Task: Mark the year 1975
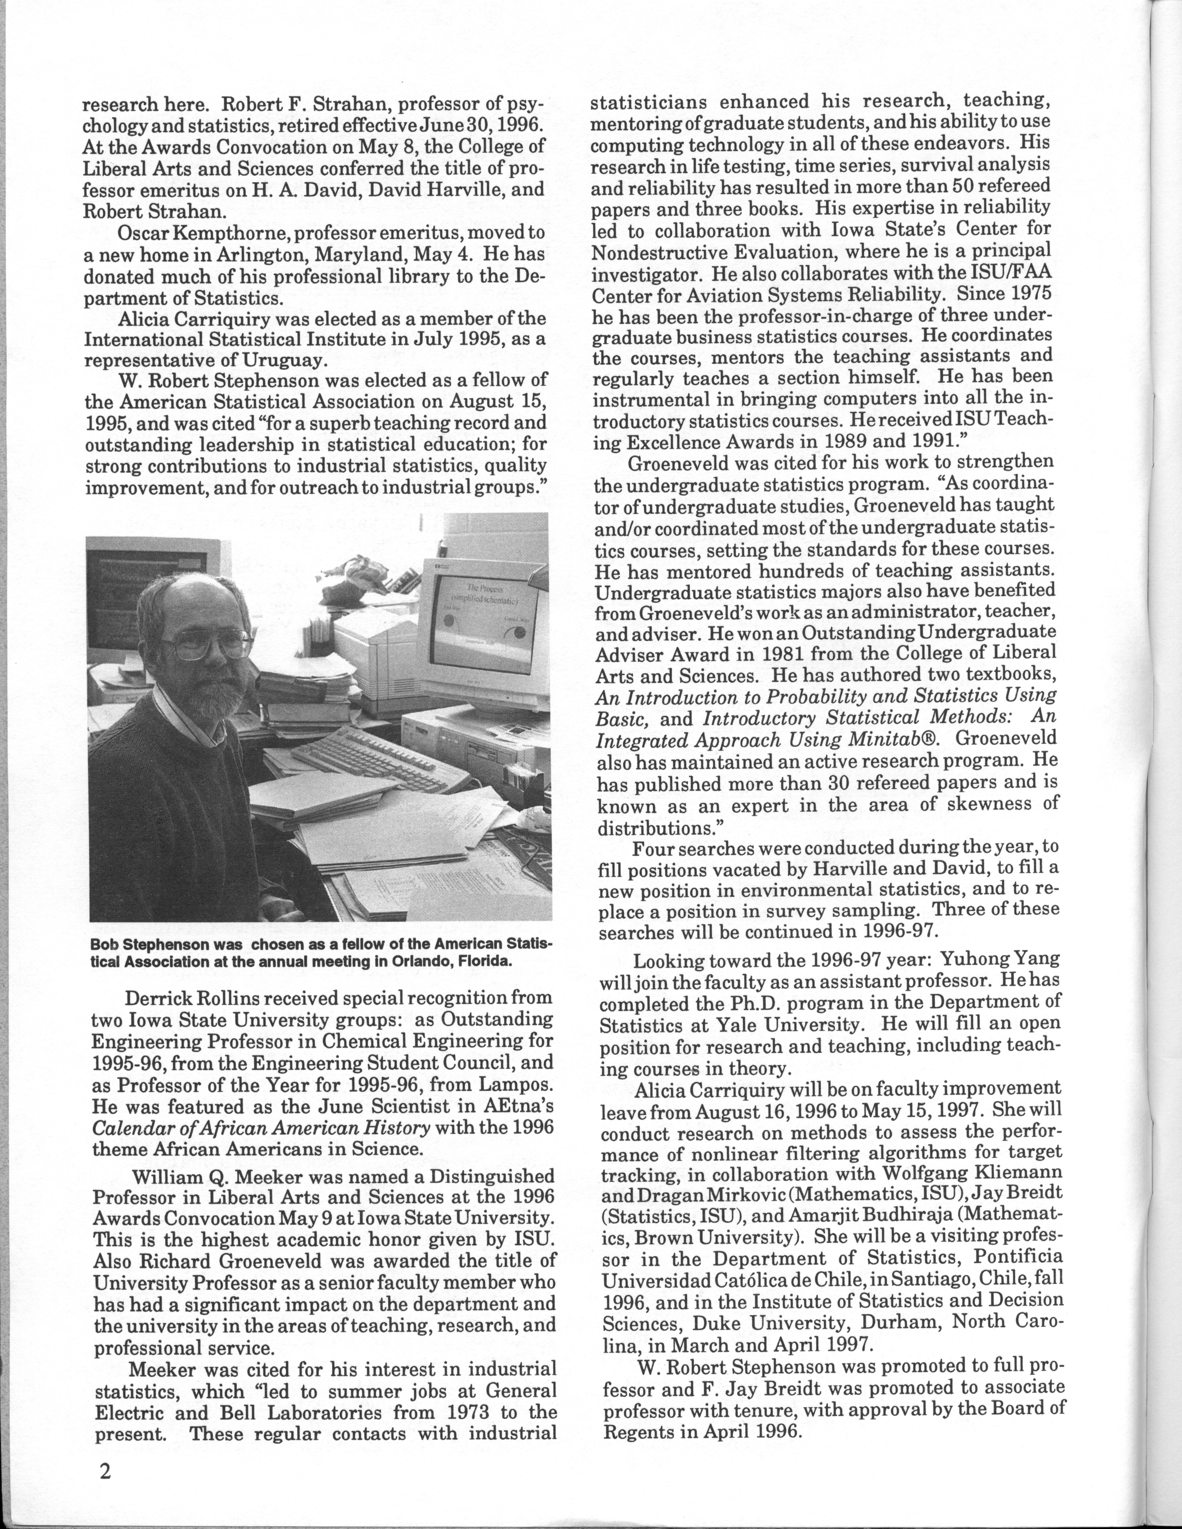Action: coord(1028,293)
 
